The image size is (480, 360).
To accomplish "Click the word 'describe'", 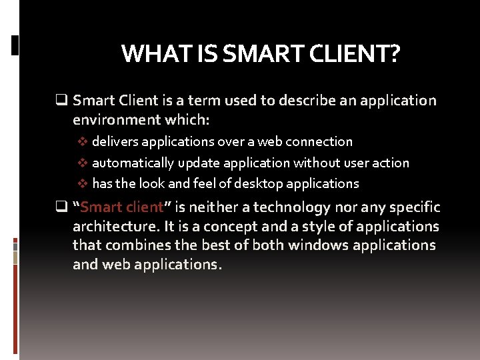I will (311, 101).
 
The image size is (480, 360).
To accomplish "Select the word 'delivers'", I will (115, 141).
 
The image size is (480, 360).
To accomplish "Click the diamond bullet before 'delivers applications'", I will (83, 141).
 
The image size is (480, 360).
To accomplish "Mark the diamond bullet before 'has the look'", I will (83, 183).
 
